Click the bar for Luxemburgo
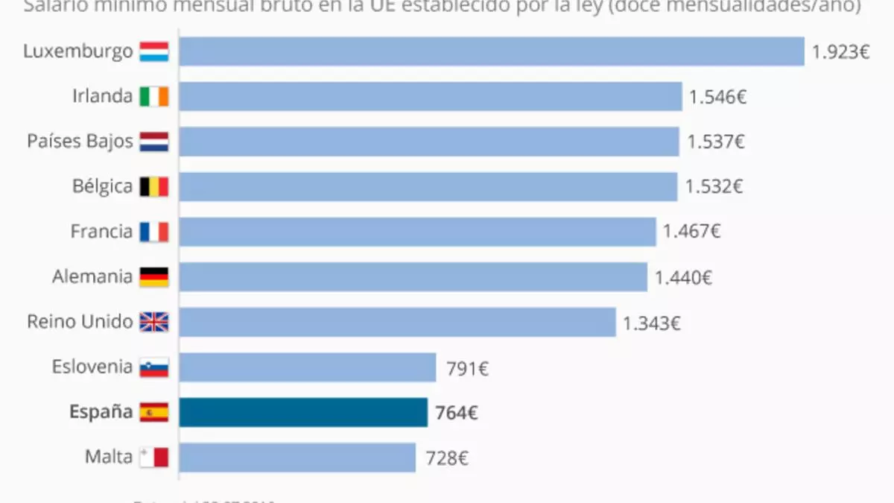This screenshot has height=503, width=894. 492,51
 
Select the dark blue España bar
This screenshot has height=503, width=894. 303,412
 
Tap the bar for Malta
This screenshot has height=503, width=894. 297,457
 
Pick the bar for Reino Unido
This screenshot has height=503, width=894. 397,322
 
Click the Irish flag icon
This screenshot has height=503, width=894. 154,97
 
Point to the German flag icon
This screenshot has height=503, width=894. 154,277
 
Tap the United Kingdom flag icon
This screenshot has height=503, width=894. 154,322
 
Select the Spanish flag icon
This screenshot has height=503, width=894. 154,412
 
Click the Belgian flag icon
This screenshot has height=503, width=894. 154,187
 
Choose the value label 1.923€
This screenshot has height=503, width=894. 840,53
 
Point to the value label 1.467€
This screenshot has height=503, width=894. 691,232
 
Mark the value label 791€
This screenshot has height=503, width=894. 467,368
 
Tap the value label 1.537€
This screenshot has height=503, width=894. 715,142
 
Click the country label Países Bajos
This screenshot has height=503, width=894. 80,142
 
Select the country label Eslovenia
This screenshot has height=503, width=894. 92,367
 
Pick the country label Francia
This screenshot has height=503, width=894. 101,232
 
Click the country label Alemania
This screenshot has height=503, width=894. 92,276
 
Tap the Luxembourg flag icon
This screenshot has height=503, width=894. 154,51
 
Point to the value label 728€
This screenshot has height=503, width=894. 447,458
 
